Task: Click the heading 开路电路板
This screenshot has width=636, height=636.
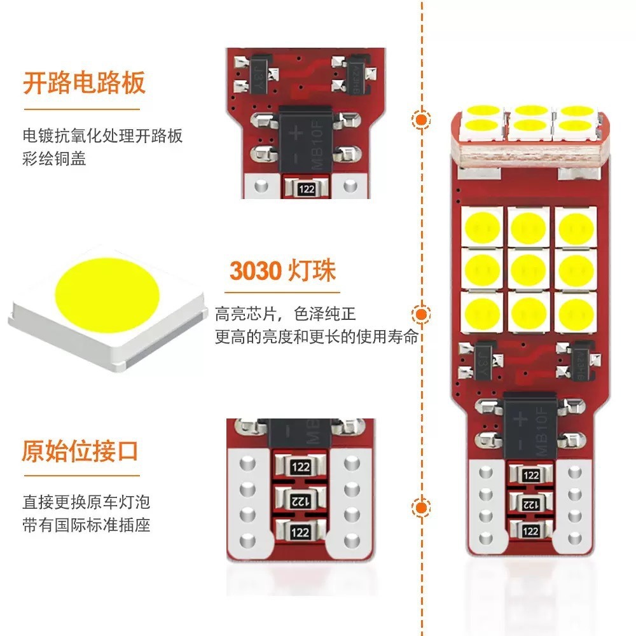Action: pyautogui.click(x=84, y=83)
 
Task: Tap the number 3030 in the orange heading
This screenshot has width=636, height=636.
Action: pyautogui.click(x=255, y=271)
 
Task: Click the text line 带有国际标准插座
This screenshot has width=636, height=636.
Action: pyautogui.click(x=86, y=526)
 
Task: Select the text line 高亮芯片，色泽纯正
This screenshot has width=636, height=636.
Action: pyautogui.click(x=285, y=314)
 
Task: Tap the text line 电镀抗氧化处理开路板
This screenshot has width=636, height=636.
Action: pyautogui.click(x=102, y=136)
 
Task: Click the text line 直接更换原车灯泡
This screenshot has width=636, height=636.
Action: pyautogui.click(x=86, y=502)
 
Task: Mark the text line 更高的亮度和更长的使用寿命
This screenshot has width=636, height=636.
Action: pyautogui.click(x=316, y=336)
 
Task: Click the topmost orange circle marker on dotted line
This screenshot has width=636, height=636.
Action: pyautogui.click(x=420, y=120)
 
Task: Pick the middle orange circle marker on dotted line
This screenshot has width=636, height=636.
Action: pyautogui.click(x=420, y=314)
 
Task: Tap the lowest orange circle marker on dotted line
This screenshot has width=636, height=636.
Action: pyautogui.click(x=420, y=507)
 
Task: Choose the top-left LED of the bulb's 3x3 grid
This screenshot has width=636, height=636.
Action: pyautogui.click(x=483, y=226)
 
